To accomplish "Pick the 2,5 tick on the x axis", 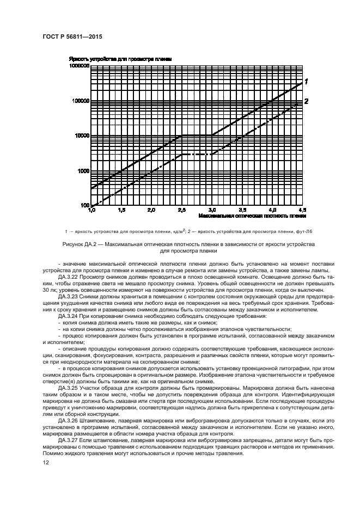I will coord(182,210).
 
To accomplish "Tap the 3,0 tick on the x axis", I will coord(212,210).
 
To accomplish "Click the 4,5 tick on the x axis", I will coord(303,210).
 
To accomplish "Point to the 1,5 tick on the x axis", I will coord(121,210).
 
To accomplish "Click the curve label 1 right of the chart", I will coord(307,82).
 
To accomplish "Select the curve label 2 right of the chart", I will coord(307,101).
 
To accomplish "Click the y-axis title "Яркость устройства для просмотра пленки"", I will coord(121,58).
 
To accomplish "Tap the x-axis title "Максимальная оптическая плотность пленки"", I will coord(252,216).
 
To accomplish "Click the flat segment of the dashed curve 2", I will coord(197,155).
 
